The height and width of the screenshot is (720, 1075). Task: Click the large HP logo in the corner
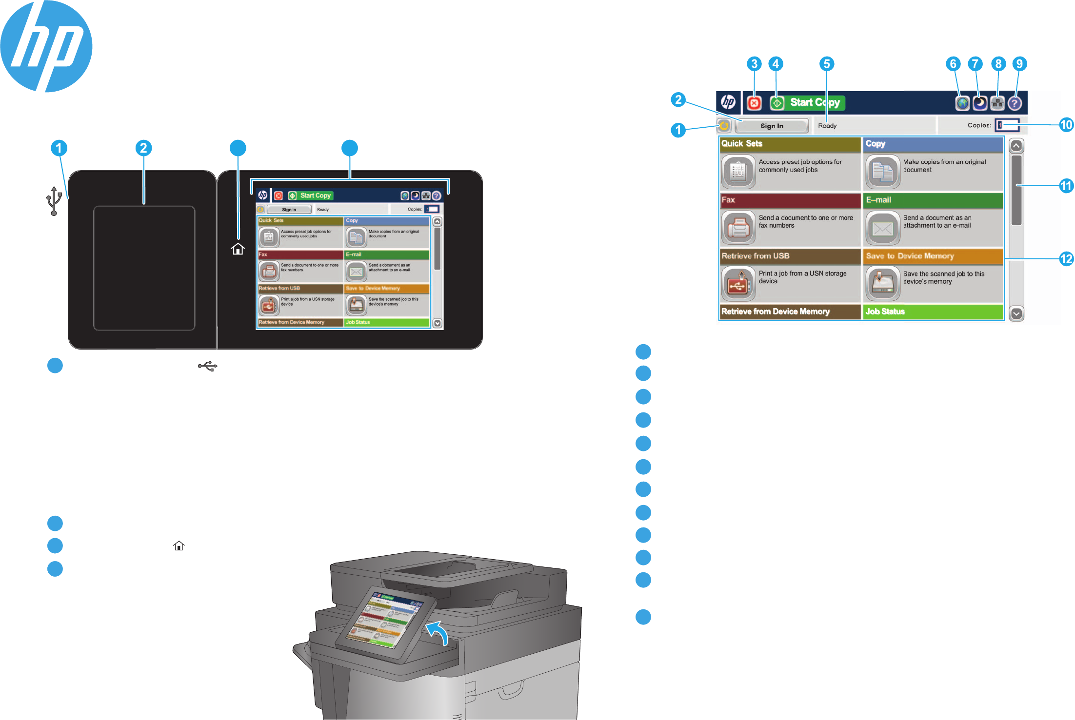coord(46,46)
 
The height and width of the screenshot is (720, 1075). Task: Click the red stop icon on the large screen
coord(754,103)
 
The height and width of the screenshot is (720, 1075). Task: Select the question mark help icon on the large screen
coord(1015,103)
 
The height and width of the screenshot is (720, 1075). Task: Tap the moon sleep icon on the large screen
coord(979,103)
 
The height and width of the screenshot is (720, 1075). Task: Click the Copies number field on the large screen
coord(1007,125)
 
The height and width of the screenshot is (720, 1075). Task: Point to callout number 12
coord(1066,258)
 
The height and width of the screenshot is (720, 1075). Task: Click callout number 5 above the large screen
coord(826,64)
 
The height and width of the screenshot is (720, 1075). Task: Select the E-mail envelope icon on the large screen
coord(882,228)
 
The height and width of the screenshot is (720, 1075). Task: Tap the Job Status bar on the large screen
coord(933,311)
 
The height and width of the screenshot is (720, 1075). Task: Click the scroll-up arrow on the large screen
coord(1016,146)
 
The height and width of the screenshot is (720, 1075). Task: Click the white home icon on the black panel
coord(238,249)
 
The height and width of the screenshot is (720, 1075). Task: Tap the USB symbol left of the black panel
coord(54,200)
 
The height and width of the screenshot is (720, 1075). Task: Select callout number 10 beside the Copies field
coord(1066,125)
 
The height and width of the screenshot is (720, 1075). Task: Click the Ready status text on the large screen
coord(827,126)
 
